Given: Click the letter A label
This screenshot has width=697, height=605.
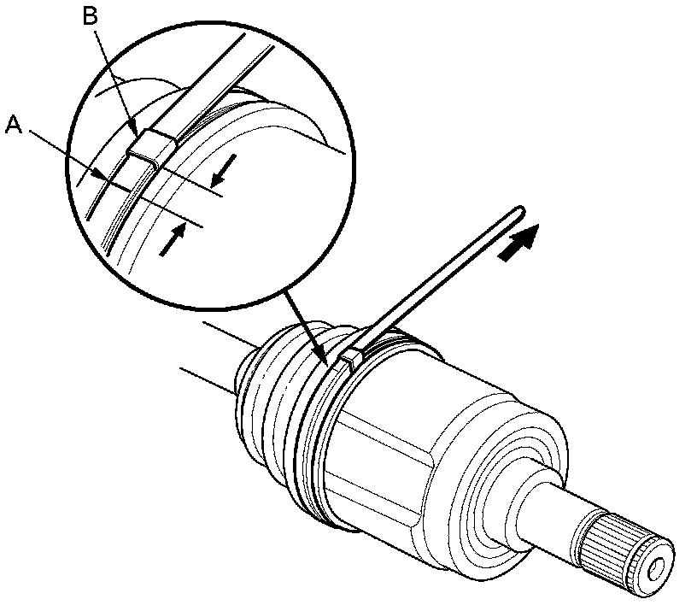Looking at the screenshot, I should [x=13, y=126].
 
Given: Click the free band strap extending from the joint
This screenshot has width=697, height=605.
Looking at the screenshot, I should [x=444, y=273].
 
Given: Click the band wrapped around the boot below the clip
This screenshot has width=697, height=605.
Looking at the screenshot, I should [x=318, y=444].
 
